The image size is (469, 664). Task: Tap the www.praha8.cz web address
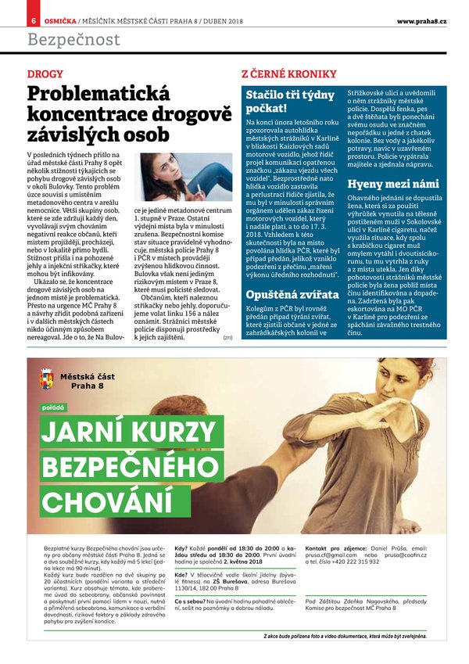coord(421,20)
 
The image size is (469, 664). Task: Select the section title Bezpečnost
coord(73,39)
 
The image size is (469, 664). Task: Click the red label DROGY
coord(45,74)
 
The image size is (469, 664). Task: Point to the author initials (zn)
coord(227,337)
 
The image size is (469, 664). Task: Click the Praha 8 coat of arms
coord(46,381)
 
